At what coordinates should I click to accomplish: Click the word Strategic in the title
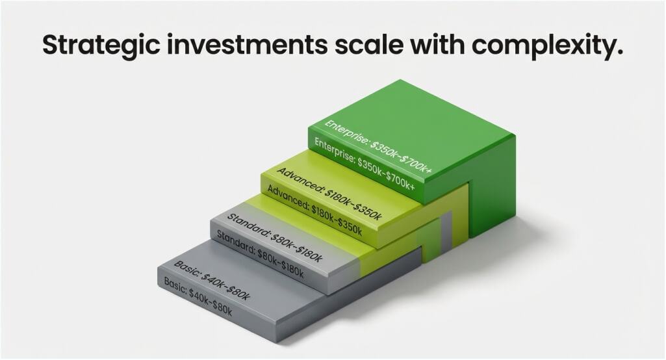point(101,45)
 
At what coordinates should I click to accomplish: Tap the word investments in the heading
point(247,44)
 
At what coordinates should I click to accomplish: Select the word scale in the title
point(368,44)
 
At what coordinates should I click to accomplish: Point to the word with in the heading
point(437,44)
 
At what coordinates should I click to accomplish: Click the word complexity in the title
point(548,46)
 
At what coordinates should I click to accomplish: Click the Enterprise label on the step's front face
point(364,164)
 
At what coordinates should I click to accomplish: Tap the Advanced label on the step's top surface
point(329,194)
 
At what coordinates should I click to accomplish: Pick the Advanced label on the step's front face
point(314,211)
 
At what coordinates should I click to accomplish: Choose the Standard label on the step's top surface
point(275,238)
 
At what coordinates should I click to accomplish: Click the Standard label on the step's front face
point(261,254)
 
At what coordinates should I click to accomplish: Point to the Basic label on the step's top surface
point(212,280)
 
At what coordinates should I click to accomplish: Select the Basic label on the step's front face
point(198,297)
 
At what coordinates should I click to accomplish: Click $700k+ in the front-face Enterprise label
point(400,181)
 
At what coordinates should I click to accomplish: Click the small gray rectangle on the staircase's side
point(446,231)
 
